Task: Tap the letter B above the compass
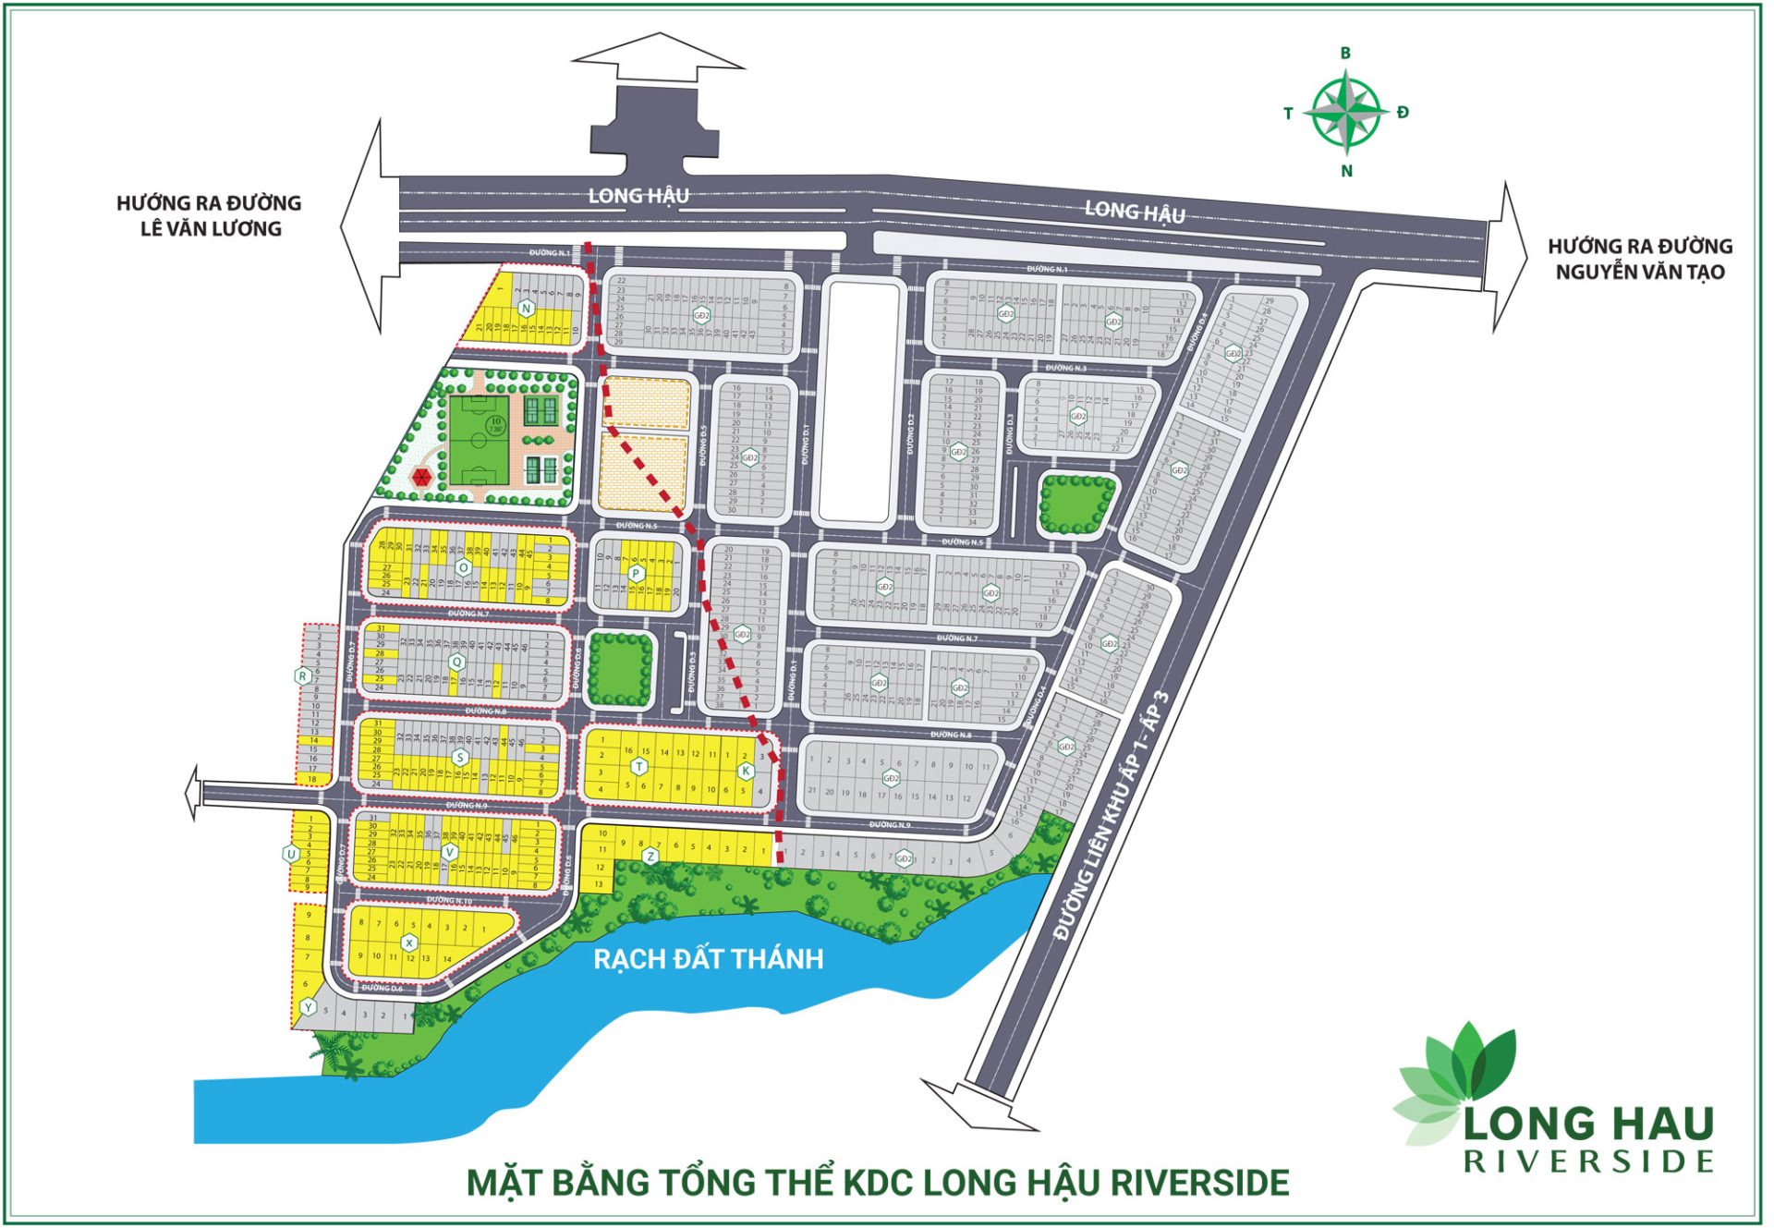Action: [1345, 54]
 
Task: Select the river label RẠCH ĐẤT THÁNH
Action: [708, 959]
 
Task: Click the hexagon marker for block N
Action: [526, 309]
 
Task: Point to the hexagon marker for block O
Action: [464, 567]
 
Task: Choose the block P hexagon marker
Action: [636, 574]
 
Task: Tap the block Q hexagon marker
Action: [456, 663]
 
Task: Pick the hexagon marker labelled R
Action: [302, 676]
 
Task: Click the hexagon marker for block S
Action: [459, 758]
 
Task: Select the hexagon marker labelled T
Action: [638, 767]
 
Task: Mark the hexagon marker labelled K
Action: [746, 771]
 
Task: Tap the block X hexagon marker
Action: [408, 942]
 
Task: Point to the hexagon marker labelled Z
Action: [650, 857]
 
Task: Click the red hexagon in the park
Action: [421, 478]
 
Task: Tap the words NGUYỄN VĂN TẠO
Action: [1639, 272]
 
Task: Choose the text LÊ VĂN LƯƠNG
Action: [211, 228]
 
